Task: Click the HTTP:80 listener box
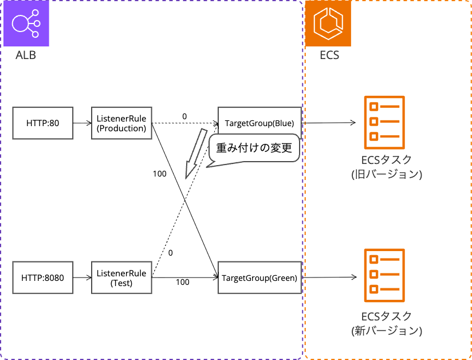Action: tap(43, 123)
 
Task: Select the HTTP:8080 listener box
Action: tap(43, 278)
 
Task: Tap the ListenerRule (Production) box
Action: tap(121, 123)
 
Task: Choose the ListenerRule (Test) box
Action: tap(121, 278)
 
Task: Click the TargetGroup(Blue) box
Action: tap(259, 123)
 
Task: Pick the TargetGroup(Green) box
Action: tap(259, 278)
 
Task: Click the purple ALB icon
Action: tap(26, 24)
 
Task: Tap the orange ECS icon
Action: tap(328, 24)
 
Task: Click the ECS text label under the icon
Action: tap(329, 55)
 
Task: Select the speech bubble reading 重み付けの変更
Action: tap(254, 148)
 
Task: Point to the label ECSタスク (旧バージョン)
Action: tap(387, 167)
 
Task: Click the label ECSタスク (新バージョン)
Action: tap(387, 323)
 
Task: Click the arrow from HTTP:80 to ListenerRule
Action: tap(82, 123)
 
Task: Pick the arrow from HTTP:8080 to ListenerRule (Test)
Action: tap(82, 278)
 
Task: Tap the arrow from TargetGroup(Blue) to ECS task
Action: tap(329, 123)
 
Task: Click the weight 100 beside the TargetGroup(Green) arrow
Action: tap(182, 282)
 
